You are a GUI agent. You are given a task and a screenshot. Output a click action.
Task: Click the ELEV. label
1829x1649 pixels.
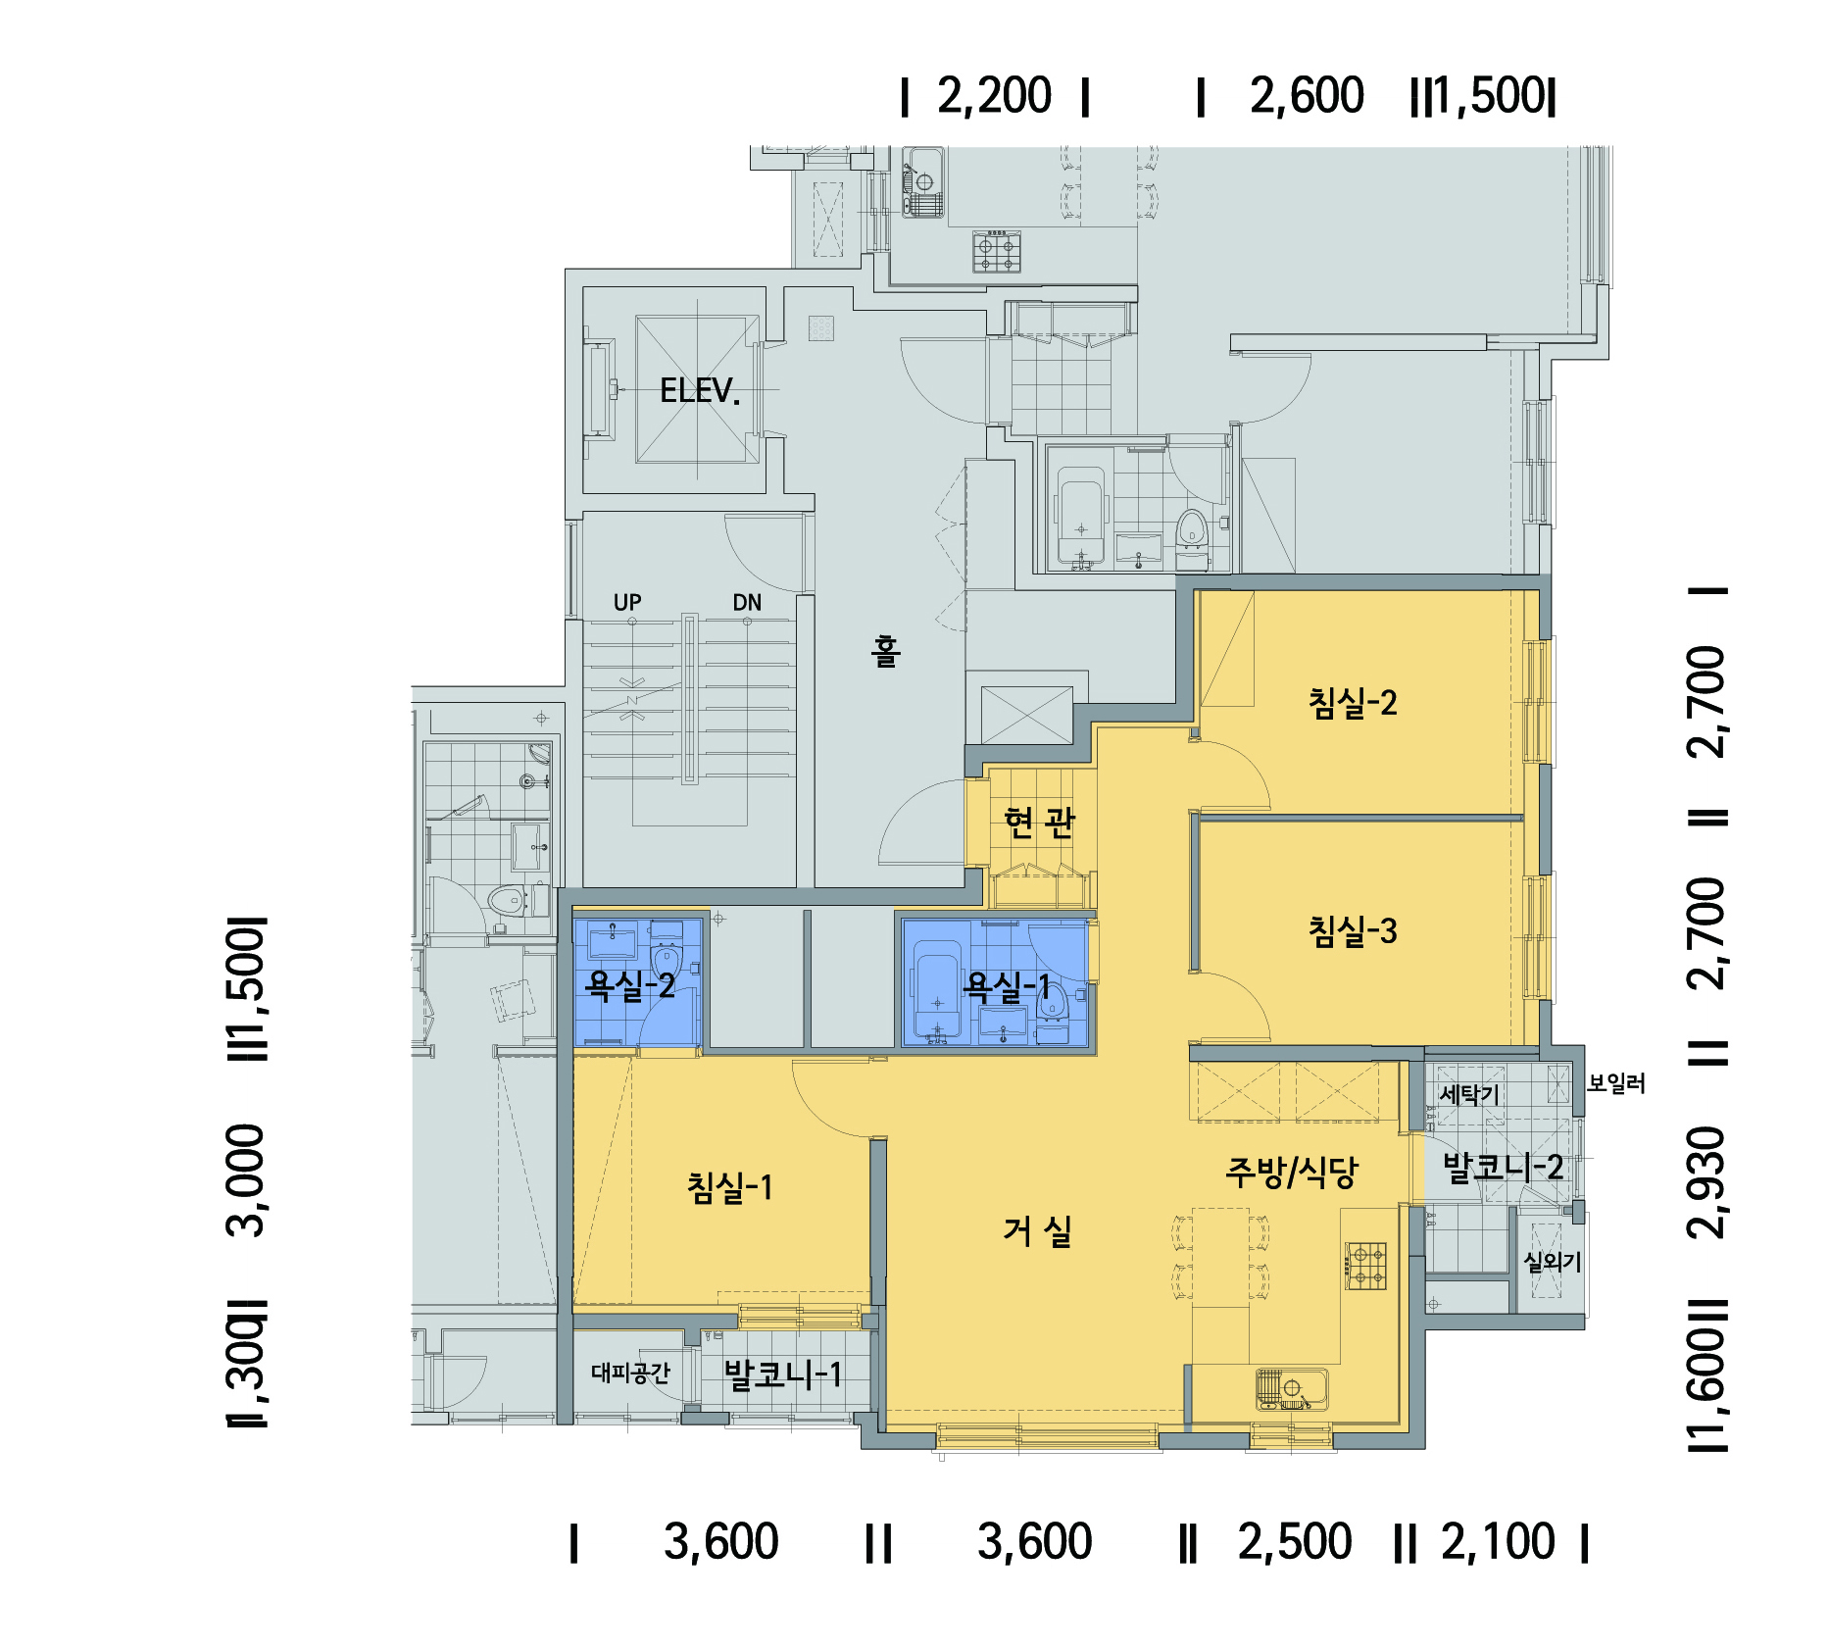699,391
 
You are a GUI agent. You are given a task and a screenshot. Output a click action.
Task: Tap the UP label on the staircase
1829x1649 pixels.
627,602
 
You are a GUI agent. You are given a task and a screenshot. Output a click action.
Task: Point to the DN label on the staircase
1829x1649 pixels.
747,602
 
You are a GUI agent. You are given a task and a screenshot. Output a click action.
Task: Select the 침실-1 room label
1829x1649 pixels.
730,1187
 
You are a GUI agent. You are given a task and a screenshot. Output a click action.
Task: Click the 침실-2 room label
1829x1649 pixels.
1353,702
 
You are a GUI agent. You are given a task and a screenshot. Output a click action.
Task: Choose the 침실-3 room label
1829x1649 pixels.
1353,930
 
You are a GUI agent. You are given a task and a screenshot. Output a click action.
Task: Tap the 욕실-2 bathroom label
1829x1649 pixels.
630,984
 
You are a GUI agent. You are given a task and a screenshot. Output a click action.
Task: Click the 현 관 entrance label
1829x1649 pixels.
1040,823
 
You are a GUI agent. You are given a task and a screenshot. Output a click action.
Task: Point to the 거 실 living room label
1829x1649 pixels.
1037,1231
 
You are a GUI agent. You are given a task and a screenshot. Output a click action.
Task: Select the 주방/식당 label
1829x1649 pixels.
1292,1171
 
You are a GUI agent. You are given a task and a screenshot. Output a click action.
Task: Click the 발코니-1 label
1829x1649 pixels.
782,1374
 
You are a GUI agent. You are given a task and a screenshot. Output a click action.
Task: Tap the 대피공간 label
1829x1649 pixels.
630,1373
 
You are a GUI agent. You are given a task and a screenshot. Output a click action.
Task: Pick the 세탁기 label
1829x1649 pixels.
1469,1094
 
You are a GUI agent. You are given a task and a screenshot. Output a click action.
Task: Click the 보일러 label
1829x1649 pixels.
1616,1083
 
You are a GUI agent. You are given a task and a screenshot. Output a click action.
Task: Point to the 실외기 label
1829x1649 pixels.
1553,1262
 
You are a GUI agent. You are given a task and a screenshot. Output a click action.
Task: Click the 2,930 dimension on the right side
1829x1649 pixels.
1707,1182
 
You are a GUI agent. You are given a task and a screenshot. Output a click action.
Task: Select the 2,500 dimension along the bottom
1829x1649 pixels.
1295,1542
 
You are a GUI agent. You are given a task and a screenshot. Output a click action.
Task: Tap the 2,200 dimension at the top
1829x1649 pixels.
994,96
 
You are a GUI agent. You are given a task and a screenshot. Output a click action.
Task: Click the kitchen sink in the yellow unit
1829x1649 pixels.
1292,1388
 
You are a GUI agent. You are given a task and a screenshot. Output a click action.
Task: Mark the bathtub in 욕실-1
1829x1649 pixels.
937,989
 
